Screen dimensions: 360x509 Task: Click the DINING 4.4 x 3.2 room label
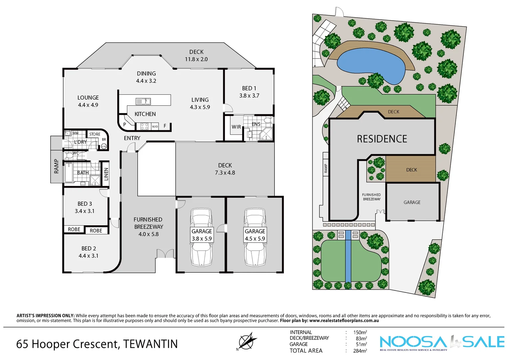point(146,77)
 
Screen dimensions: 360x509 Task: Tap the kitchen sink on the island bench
point(143,101)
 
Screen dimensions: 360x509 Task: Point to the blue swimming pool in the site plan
point(370,65)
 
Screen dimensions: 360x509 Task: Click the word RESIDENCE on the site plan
point(382,139)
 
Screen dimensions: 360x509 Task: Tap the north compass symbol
point(247,341)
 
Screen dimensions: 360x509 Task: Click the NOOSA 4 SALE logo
point(442,342)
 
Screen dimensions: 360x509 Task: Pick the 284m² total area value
point(360,351)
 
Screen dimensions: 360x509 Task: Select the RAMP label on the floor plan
point(56,166)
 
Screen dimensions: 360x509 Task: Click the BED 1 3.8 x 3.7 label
point(249,92)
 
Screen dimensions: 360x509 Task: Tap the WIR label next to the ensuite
point(236,127)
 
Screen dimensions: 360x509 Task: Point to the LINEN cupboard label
point(106,174)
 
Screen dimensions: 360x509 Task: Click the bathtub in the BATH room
point(69,172)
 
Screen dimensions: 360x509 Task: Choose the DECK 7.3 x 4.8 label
point(225,169)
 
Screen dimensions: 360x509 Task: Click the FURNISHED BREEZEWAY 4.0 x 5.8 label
point(148,227)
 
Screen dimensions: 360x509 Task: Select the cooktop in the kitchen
point(144,126)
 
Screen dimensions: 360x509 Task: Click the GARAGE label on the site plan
point(412,202)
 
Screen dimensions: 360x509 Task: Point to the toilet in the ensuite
point(267,120)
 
